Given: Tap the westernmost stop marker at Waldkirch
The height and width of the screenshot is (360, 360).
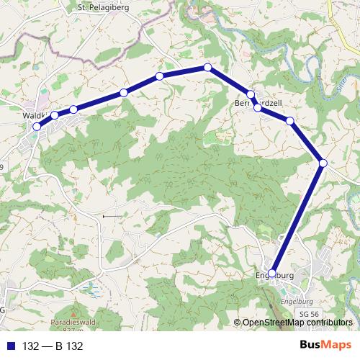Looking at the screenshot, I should pyautogui.click(x=37, y=127).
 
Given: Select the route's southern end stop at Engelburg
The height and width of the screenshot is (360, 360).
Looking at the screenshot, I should pyautogui.click(x=271, y=273).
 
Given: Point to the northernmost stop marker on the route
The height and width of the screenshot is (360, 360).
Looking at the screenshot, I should pyautogui.click(x=208, y=67).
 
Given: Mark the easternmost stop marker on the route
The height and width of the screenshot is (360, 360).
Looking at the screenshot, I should pyautogui.click(x=323, y=163).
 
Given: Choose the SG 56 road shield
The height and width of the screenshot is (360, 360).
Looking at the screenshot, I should pyautogui.click(x=309, y=315).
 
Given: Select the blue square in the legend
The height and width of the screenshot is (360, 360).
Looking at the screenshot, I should pyautogui.click(x=11, y=346).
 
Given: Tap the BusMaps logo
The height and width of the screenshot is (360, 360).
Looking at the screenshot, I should pyautogui.click(x=325, y=346).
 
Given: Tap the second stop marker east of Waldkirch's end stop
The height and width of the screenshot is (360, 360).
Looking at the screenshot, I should pyautogui.click(x=73, y=109).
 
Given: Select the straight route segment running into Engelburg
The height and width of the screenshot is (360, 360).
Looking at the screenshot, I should pyautogui.click(x=297, y=218).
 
